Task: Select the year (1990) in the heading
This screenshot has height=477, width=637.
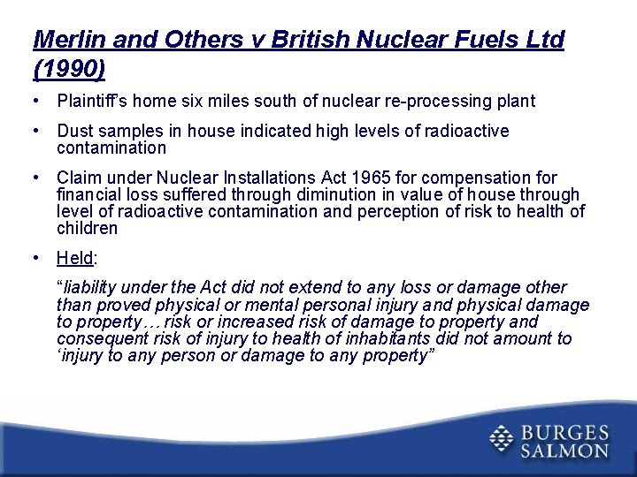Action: pos(69,68)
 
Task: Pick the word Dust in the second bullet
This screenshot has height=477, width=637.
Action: pos(74,132)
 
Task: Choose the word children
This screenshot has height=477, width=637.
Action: pos(87,229)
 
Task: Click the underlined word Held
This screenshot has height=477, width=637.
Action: pos(75,259)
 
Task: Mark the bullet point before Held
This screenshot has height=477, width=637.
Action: pos(35,259)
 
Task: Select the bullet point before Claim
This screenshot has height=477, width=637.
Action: pos(35,178)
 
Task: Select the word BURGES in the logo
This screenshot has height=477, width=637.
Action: pos(564,432)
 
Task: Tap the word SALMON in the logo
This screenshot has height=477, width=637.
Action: pos(564,450)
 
